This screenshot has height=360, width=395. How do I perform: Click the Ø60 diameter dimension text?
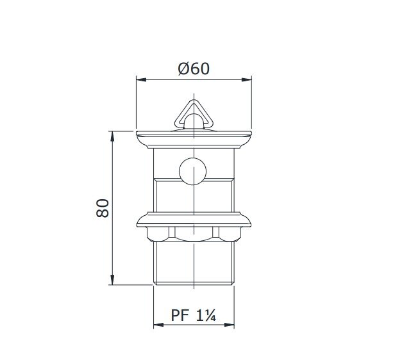point(194,69)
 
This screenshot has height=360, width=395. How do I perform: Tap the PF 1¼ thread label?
point(194,316)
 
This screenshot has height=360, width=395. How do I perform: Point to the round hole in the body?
point(193,172)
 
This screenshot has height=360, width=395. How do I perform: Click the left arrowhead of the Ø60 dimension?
point(140,80)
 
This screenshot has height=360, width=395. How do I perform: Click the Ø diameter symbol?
point(183,69)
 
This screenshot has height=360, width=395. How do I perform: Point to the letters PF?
point(180,316)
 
